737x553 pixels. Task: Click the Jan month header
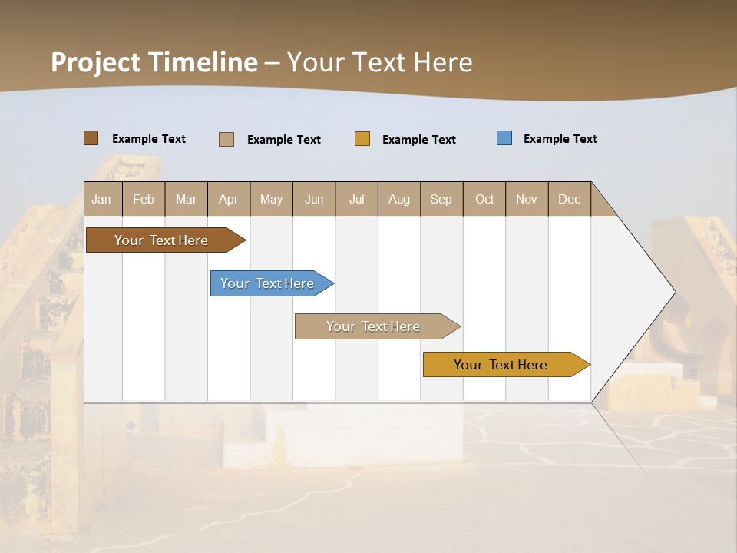tap(102, 199)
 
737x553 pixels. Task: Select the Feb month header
tap(144, 199)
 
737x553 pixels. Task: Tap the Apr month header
tap(228, 199)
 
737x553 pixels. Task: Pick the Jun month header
tap(314, 199)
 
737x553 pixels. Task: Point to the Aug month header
tap(398, 199)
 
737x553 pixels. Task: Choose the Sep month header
tap(441, 199)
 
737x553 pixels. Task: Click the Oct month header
tap(484, 199)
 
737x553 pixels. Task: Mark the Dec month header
tap(569, 199)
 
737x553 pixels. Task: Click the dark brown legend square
tap(91, 138)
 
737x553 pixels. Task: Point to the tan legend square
tap(226, 139)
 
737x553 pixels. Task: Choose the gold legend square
tap(362, 139)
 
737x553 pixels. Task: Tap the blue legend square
tap(504, 138)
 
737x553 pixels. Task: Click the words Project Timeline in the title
tap(154, 62)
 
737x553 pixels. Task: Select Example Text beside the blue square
tap(560, 139)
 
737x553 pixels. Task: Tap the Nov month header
tap(527, 199)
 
